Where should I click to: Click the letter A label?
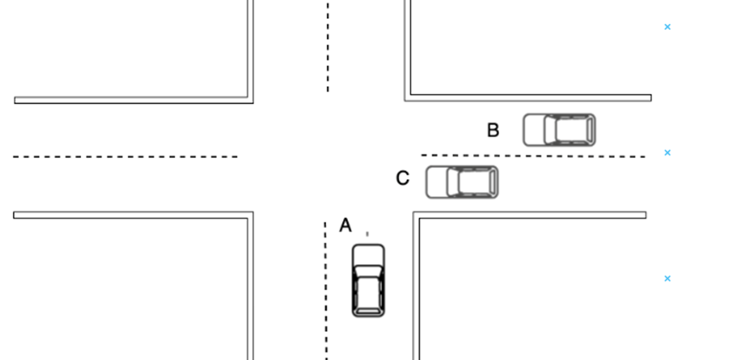(345, 225)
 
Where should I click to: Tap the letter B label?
(493, 131)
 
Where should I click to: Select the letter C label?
(403, 178)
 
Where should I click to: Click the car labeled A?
(368, 281)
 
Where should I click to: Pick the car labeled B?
(559, 130)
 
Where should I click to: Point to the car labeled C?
(461, 182)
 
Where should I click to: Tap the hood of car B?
(535, 130)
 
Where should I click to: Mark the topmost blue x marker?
(667, 27)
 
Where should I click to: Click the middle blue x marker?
(667, 153)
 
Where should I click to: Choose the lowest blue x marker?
(667, 278)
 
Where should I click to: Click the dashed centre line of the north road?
(328, 47)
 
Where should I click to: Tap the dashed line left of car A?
(325, 290)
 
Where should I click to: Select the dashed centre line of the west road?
(125, 157)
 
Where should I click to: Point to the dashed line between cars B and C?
(533, 155)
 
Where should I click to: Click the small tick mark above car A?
(367, 233)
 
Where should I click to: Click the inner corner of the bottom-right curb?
(416, 215)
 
